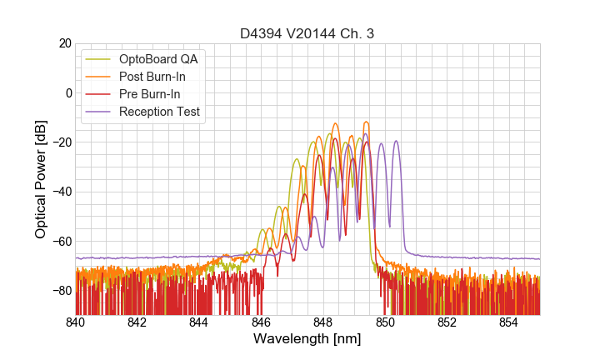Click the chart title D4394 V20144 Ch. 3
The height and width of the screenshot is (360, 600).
307,33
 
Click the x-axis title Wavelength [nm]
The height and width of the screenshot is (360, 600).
307,339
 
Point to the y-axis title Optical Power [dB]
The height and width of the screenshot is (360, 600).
40,178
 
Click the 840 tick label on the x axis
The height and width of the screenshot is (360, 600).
75,322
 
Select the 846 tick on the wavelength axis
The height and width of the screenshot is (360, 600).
261,322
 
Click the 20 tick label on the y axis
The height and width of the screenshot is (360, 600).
64,43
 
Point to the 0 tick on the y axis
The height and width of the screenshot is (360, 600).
67,92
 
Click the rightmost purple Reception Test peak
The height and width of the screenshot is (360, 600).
396,141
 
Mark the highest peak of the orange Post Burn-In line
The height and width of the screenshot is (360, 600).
336,123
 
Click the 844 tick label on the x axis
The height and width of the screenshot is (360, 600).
199,322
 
